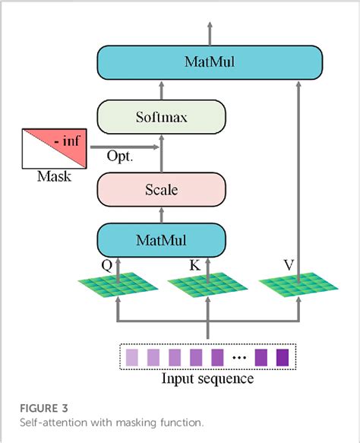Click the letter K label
tap(195, 267)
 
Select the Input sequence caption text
tap(207, 378)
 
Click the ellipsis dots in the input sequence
tap(239, 356)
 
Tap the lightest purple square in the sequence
tap(132, 356)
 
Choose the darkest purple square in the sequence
tap(283, 356)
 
